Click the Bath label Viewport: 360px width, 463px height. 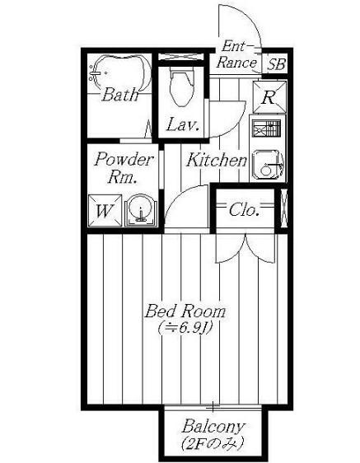coord(120,95)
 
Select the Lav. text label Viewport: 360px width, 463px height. coord(183,124)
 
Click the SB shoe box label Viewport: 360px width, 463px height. coord(277,64)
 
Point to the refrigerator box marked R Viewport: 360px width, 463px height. coord(269,97)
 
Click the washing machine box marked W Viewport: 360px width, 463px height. coord(105,211)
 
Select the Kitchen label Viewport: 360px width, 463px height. coord(217,160)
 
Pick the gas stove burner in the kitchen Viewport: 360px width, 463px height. coord(266,129)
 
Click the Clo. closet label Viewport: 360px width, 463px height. coord(244,210)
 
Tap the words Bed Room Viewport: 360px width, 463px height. coord(185,311)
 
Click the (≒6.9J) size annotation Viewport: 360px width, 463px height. coord(185,328)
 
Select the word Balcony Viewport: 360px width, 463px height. coord(213,427)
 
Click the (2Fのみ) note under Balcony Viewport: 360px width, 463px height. coord(213,442)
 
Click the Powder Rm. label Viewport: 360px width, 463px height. coord(124,168)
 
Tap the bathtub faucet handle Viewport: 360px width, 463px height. coord(95,73)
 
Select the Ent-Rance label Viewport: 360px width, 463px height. coord(236,54)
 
